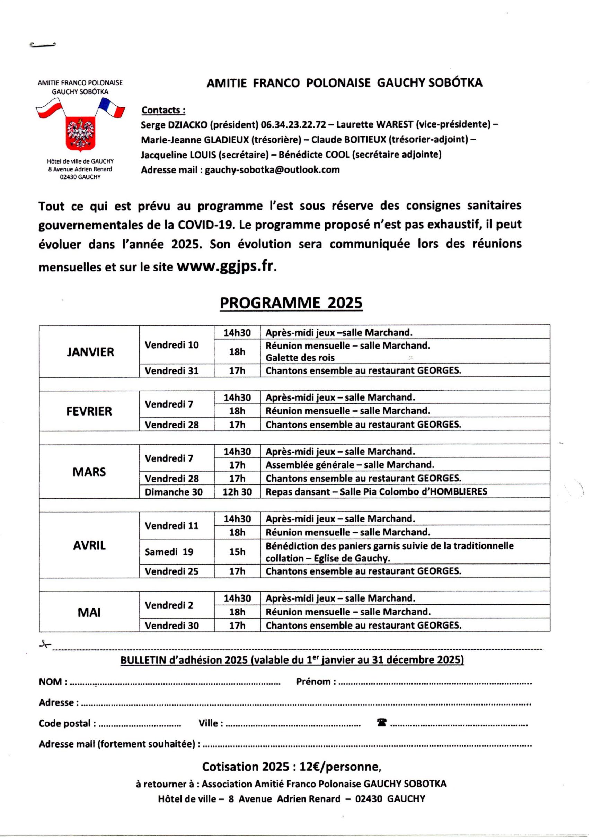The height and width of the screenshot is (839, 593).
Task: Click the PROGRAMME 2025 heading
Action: coord(291,304)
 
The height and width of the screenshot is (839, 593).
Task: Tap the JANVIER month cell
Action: coord(90,352)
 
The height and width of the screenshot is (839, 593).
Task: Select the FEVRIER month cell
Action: coord(89,411)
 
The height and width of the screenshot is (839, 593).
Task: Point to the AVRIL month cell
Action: coord(89,545)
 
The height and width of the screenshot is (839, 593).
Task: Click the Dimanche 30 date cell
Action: coord(174,492)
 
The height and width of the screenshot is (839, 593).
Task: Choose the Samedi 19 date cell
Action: coord(169,552)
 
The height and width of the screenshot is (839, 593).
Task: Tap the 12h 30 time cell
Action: coord(237,492)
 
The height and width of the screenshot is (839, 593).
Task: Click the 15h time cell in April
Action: coord(237,552)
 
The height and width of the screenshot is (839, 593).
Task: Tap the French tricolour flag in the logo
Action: coord(112,108)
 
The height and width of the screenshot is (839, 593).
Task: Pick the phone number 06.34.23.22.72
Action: coord(293,125)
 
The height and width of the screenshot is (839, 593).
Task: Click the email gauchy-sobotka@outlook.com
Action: coord(272,169)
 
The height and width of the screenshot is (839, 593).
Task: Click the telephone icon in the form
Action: coord(382,723)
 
